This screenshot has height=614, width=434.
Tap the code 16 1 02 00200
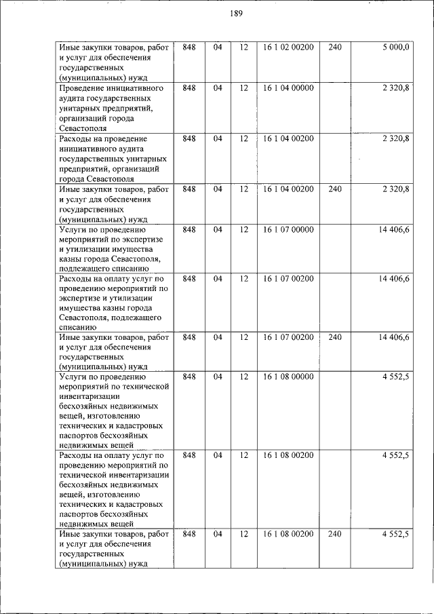[288, 47]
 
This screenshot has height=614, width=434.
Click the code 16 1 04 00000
[288, 88]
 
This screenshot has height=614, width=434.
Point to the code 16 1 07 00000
[288, 230]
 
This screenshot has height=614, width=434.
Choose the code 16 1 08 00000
[288, 376]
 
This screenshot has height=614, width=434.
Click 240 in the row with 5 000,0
[335, 47]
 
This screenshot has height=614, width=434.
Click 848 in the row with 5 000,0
[189, 47]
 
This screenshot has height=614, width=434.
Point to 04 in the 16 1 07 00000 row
[218, 230]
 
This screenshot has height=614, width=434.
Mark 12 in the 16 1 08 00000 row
[244, 376]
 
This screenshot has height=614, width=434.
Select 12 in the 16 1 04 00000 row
[244, 88]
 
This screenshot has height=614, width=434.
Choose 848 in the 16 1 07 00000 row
[189, 230]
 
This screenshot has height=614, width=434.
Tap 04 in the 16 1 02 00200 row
[218, 47]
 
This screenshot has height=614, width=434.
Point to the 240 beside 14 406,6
[335, 337]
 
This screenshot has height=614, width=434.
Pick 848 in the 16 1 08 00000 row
[189, 376]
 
